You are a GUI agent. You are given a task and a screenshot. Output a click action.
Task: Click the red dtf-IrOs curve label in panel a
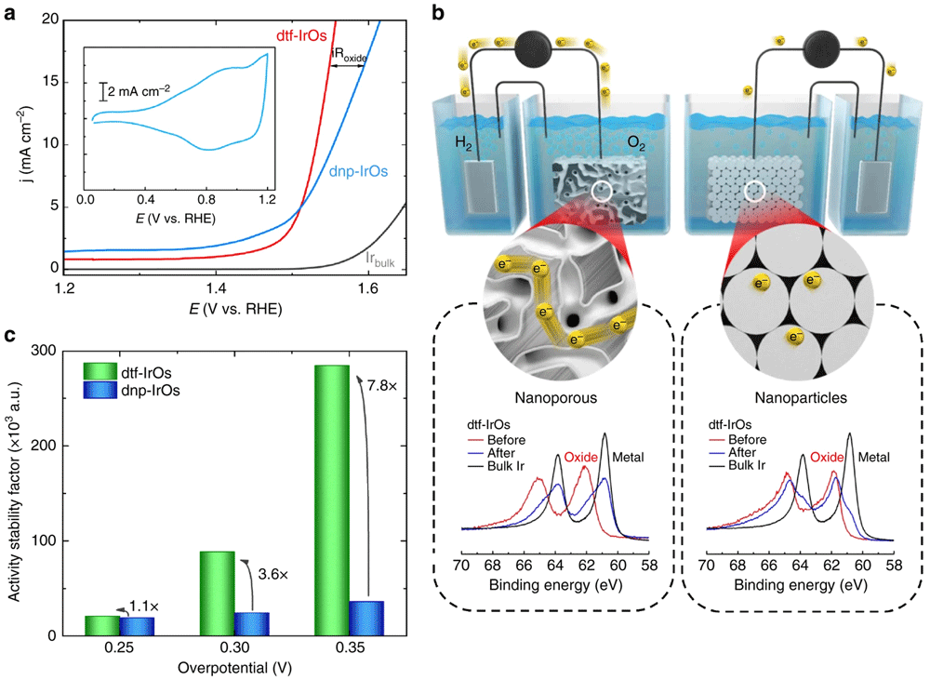pyautogui.click(x=301, y=35)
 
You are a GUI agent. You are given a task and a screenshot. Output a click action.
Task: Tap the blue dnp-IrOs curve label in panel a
pyautogui.click(x=358, y=171)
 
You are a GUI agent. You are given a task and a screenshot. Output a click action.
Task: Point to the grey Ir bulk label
pyautogui.click(x=380, y=259)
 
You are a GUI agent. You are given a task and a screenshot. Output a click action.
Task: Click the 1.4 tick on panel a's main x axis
pyautogui.click(x=216, y=288)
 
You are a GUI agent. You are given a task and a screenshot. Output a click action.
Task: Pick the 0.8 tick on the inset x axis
pyautogui.click(x=207, y=199)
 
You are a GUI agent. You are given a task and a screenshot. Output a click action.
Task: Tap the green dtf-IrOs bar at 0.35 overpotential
pyautogui.click(x=332, y=500)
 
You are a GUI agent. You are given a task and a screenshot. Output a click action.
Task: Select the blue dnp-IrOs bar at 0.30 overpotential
pyautogui.click(x=252, y=624)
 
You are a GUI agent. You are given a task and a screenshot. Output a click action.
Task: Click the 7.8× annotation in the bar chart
pyautogui.click(x=382, y=386)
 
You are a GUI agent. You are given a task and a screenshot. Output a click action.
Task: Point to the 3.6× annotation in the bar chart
pyautogui.click(x=272, y=574)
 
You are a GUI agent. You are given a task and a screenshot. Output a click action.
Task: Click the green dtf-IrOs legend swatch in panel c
pyautogui.click(x=100, y=371)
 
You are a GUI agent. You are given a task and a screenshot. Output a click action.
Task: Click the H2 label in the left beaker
pyautogui.click(x=463, y=143)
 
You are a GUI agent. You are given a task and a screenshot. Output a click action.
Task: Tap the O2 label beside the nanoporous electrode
pyautogui.click(x=636, y=143)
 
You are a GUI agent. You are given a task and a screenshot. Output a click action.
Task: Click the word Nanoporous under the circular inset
pyautogui.click(x=556, y=397)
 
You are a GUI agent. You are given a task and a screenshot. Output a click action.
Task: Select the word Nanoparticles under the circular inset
pyautogui.click(x=801, y=397)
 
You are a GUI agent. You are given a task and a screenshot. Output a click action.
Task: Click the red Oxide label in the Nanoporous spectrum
pyautogui.click(x=581, y=457)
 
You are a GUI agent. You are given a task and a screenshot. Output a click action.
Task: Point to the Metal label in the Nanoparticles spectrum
pyautogui.click(x=873, y=457)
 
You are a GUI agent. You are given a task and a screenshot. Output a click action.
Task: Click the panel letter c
pyautogui.click(x=10, y=336)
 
